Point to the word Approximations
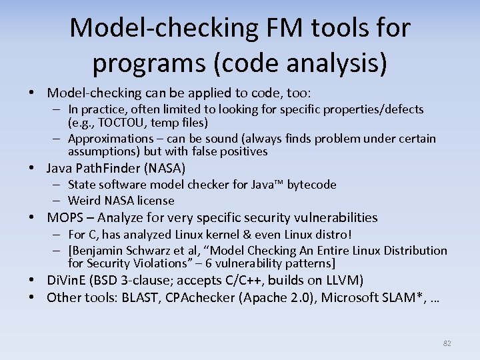(x=111, y=139)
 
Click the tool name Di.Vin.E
(x=69, y=280)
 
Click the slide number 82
(x=447, y=343)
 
